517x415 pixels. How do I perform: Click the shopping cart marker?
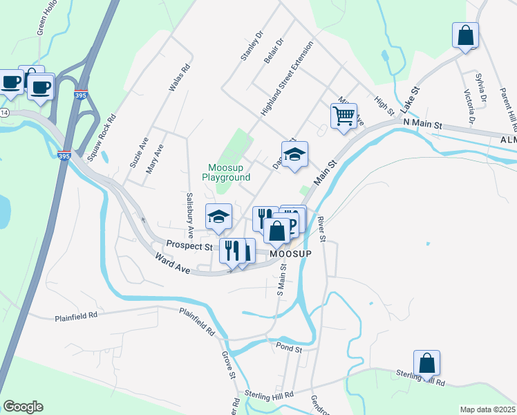[344, 115]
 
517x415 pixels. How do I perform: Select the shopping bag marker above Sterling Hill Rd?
[426, 362]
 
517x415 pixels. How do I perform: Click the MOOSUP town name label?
[290, 254]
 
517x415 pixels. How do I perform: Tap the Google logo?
[23, 407]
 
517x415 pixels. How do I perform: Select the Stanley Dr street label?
[252, 46]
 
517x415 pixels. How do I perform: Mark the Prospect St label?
[189, 246]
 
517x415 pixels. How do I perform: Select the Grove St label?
[229, 365]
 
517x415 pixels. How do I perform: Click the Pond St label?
[289, 350]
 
